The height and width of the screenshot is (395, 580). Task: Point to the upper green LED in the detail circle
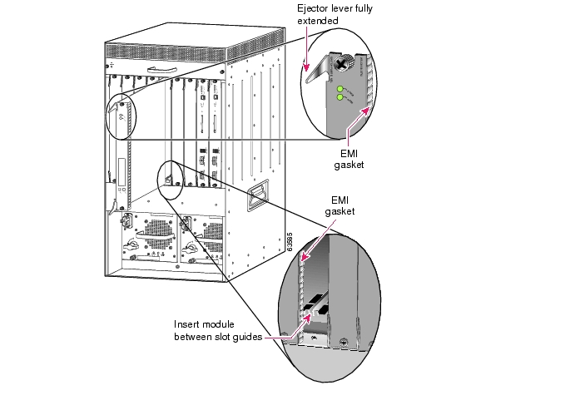click(x=340, y=87)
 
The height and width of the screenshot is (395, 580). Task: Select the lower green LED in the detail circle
click(x=340, y=97)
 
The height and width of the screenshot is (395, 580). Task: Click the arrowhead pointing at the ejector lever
click(x=306, y=68)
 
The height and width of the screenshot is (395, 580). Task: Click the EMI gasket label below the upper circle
click(x=354, y=159)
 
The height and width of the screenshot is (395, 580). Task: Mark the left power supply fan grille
click(x=151, y=232)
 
